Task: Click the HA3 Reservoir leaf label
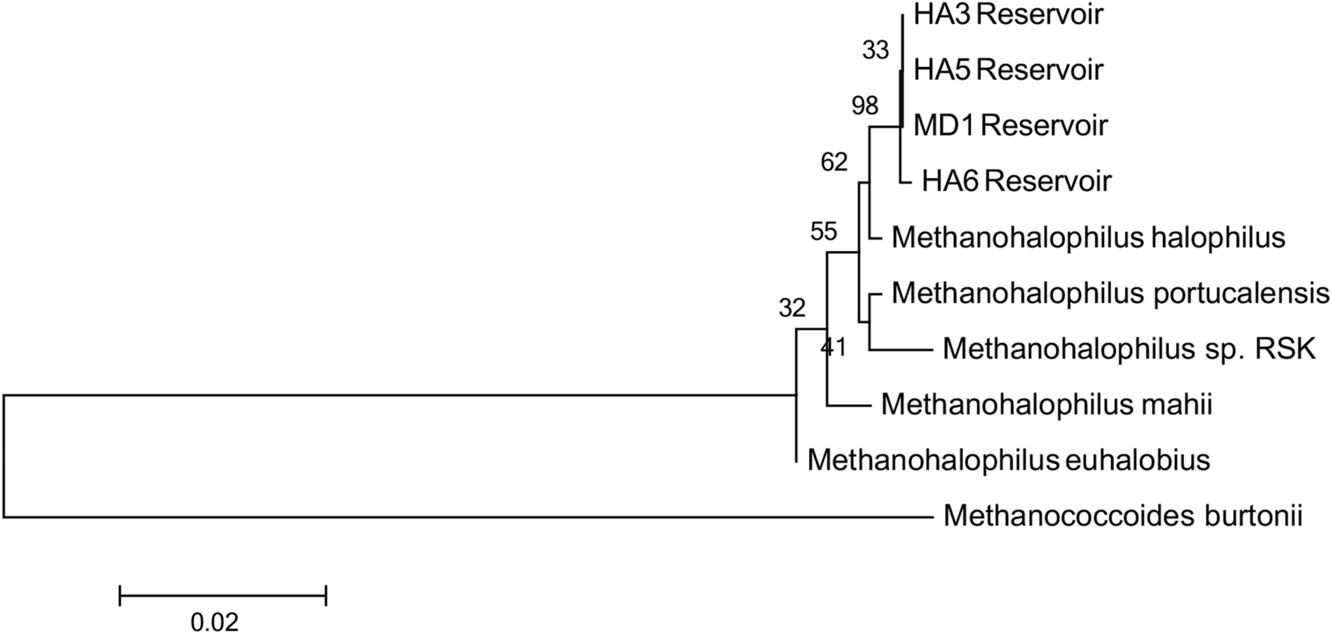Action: [1008, 15]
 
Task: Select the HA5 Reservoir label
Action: [1008, 70]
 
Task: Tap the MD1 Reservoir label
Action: [1010, 126]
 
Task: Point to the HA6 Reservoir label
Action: [1017, 181]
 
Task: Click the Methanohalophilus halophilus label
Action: [1089, 238]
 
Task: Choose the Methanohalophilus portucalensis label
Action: [1110, 293]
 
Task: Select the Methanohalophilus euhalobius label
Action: [1009, 460]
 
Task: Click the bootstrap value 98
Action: [865, 106]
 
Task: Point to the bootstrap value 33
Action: [876, 51]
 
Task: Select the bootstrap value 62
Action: [834, 162]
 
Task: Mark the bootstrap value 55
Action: [824, 232]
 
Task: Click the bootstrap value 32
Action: [792, 308]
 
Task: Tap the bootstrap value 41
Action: [834, 348]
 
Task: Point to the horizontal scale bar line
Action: [223, 595]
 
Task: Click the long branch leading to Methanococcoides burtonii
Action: [469, 517]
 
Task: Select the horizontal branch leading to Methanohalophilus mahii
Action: [849, 406]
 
